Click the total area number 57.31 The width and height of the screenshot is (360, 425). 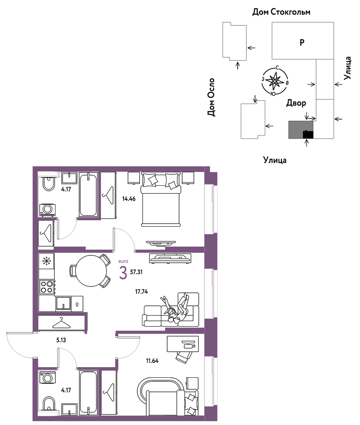136,272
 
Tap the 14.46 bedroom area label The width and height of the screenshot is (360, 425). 129,199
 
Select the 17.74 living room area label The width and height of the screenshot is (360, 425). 142,292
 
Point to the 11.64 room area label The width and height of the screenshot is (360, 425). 152,361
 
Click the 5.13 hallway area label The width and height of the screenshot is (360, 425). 61,340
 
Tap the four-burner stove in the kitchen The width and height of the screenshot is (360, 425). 47,287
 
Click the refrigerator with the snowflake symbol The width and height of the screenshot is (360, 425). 47,261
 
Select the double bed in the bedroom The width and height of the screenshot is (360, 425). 161,200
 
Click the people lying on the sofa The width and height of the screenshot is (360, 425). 177,308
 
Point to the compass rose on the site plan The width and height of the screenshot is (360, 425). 275,81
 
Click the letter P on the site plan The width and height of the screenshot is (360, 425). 302,42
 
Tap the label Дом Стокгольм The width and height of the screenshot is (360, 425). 281,12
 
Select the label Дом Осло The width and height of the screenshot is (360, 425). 211,97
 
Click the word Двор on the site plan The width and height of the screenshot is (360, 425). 296,103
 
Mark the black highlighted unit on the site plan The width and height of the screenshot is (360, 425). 308,135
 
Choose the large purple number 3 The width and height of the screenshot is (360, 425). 123,273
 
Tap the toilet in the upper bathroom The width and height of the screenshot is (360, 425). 48,183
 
